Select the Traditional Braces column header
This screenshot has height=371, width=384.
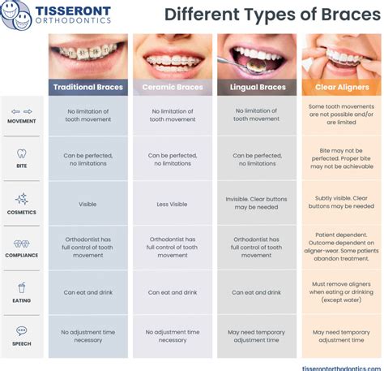coord(87,87)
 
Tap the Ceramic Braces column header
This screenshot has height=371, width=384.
coord(172,87)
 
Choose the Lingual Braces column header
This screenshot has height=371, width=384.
coord(256,87)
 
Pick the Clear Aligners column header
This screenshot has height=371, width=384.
coord(341,87)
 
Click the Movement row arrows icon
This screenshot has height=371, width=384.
coord(22,112)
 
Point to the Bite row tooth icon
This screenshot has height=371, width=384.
coord(22,153)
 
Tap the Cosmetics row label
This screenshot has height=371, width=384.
coord(22,212)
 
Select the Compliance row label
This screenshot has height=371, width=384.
coord(22,255)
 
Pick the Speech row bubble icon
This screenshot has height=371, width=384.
coord(22,330)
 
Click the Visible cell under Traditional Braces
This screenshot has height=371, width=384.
coord(87,204)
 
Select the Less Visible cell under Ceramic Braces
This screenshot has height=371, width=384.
coord(172,204)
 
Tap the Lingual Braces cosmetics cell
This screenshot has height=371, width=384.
coord(256,201)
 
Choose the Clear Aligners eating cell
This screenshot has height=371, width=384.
coord(341,292)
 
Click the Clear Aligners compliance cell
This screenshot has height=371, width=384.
coord(341,247)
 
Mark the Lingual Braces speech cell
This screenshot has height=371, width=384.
coord(256,336)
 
